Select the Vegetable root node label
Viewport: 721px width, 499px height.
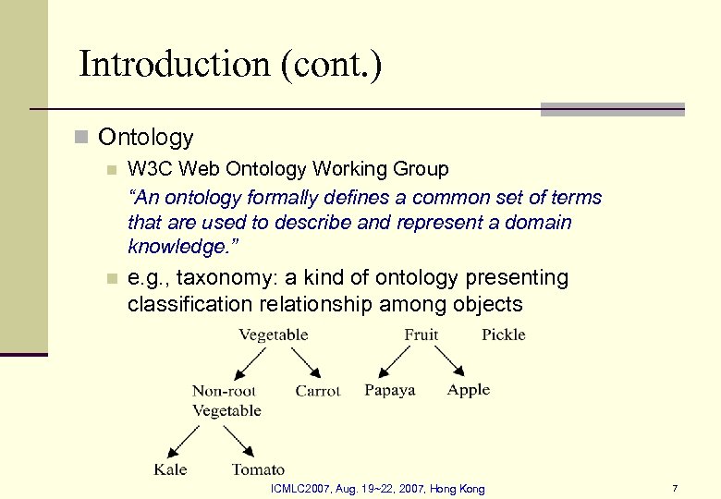(274, 335)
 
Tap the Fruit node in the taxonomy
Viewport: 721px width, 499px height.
(422, 335)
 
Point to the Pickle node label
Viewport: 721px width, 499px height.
(503, 335)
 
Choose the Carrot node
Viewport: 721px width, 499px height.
(318, 391)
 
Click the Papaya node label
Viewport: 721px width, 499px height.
(390, 391)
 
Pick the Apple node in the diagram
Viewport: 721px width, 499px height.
(469, 390)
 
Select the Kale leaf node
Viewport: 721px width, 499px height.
(170, 469)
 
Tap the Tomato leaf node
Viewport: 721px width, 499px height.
(258, 469)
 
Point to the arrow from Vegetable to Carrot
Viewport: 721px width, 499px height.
(299, 361)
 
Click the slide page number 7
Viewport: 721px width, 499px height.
(675, 488)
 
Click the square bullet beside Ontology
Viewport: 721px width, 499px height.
(81, 139)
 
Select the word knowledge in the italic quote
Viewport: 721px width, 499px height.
(173, 249)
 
